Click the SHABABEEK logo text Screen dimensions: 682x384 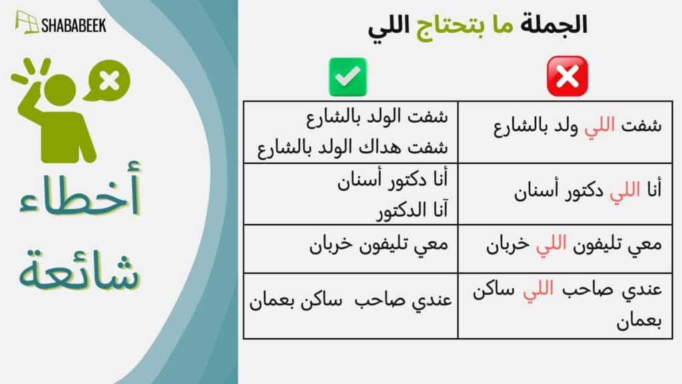pyautogui.click(x=73, y=26)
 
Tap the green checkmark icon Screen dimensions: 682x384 pyautogui.click(x=348, y=77)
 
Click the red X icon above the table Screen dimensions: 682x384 pyautogui.click(x=567, y=76)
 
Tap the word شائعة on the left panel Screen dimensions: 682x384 pyautogui.click(x=79, y=270)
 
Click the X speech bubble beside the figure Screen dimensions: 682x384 pyautogui.click(x=107, y=81)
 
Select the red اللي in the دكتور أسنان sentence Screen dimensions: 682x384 pyautogui.click(x=625, y=191)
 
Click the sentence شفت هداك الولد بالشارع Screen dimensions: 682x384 pyautogui.click(x=352, y=148)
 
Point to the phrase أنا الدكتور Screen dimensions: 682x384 pyautogui.click(x=412, y=211)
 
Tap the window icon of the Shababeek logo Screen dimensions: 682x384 pyautogui.click(x=27, y=22)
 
